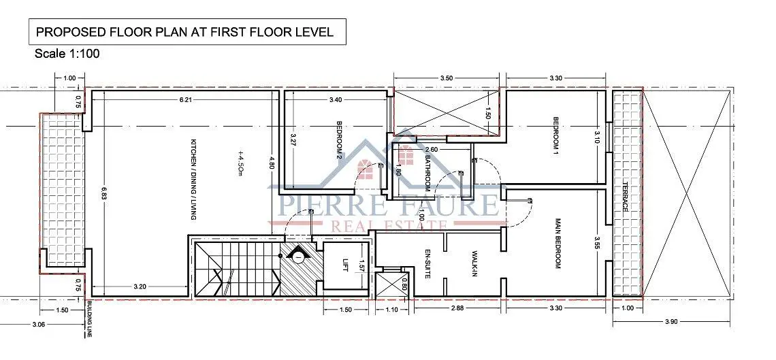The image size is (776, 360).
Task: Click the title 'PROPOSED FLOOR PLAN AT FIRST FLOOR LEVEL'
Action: pyautogui.click(x=185, y=33)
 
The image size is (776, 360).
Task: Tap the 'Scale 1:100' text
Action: pyautogui.click(x=67, y=54)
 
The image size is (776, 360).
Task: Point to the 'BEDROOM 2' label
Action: pyautogui.click(x=340, y=140)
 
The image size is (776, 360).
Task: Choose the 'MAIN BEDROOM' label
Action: pyautogui.click(x=557, y=244)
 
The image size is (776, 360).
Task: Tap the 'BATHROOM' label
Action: pyautogui.click(x=428, y=174)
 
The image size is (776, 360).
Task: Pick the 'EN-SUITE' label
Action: pyautogui.click(x=428, y=263)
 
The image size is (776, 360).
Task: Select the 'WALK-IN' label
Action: pyautogui.click(x=474, y=263)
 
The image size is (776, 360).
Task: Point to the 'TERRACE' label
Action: pyautogui.click(x=625, y=198)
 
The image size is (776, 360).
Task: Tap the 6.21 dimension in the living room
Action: pyautogui.click(x=186, y=100)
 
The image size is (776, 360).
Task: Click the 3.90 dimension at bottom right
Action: pyautogui.click(x=671, y=322)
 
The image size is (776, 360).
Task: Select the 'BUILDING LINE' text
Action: pyautogui.click(x=90, y=319)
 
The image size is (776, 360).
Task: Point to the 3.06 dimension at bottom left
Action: pyautogui.click(x=37, y=325)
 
